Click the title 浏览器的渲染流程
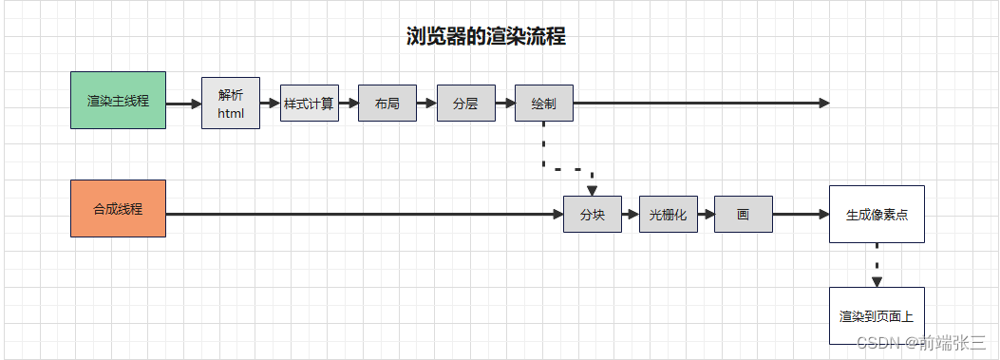coord(485,37)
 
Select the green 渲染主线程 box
coord(118,100)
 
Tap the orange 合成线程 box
coord(118,208)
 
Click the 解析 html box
coord(231,104)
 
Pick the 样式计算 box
coord(310,104)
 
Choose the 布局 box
coord(387,104)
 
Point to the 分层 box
coord(465,104)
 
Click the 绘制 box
coord(544,104)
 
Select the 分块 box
coord(592,215)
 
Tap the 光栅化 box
coord(669,215)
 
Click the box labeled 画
coord(743,215)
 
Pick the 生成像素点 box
coord(877,214)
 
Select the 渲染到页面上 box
coord(877,314)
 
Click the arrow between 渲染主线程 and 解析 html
coord(183,103)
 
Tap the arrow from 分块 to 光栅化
coord(630,215)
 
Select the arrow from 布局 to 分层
coord(426,103)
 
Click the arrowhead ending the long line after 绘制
coord(823,103)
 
